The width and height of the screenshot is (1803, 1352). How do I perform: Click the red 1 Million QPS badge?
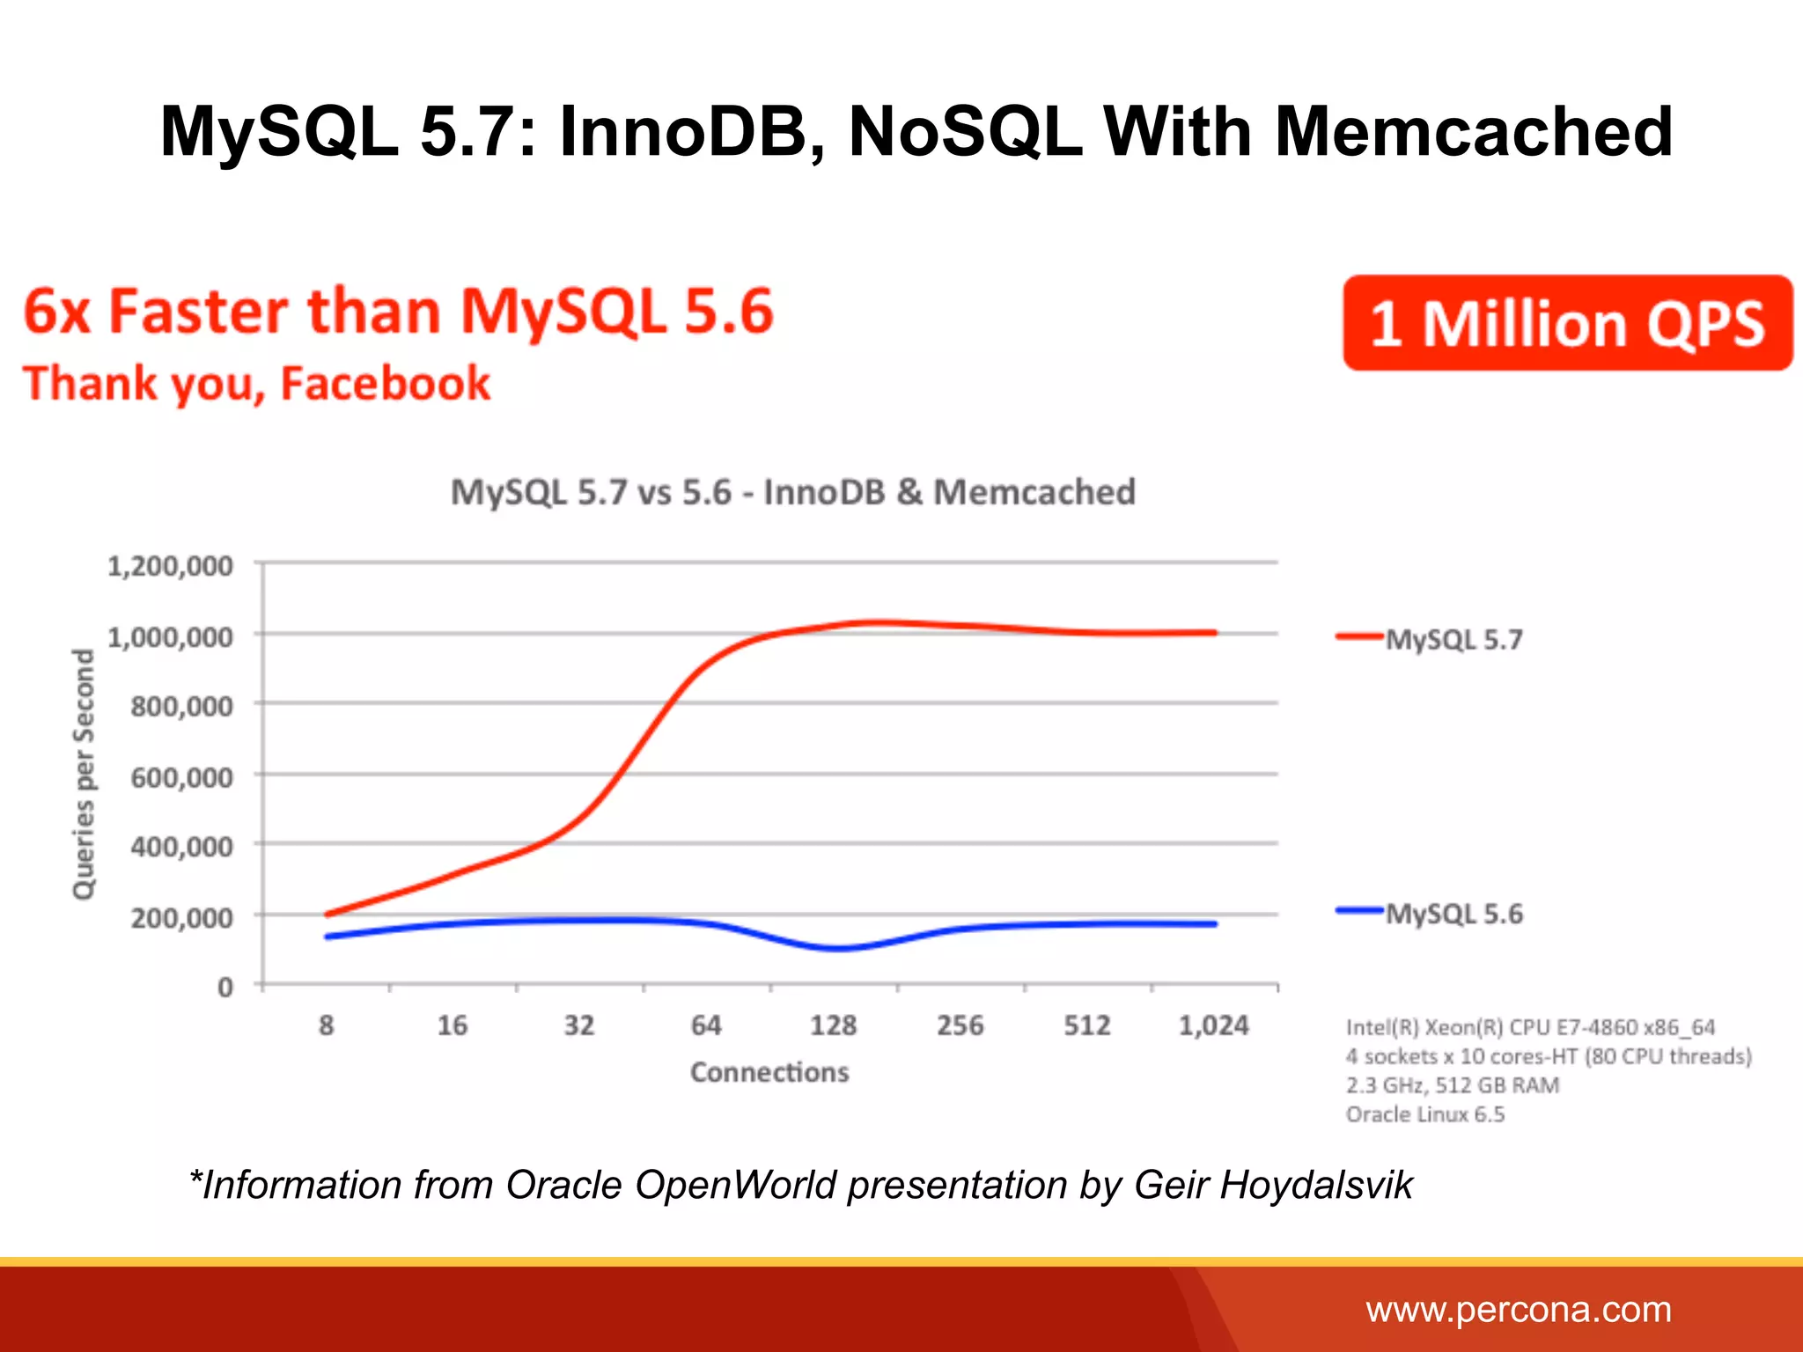(x=1567, y=323)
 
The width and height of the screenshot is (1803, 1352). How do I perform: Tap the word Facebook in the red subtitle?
(x=385, y=384)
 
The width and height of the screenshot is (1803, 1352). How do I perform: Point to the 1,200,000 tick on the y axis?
(x=171, y=566)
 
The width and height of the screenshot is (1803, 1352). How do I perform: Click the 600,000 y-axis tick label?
(x=181, y=777)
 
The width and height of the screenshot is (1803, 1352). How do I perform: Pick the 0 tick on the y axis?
(x=225, y=988)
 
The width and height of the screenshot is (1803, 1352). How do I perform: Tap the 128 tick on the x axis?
(x=833, y=1025)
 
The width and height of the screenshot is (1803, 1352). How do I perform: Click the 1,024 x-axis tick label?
(x=1213, y=1025)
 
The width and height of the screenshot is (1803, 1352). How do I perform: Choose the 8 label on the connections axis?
(x=327, y=1025)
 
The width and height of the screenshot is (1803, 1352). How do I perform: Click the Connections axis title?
(x=769, y=1072)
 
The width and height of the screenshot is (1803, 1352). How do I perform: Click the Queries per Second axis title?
(x=84, y=775)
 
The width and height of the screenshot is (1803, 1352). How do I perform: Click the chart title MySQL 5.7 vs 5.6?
(x=792, y=492)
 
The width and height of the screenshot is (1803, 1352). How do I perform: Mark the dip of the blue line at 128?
(x=838, y=949)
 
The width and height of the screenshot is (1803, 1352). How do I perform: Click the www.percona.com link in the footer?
(x=1519, y=1310)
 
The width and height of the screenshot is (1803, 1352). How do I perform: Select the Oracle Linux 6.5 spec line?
(x=1424, y=1114)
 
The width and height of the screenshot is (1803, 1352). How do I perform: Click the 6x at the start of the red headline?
(x=56, y=312)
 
